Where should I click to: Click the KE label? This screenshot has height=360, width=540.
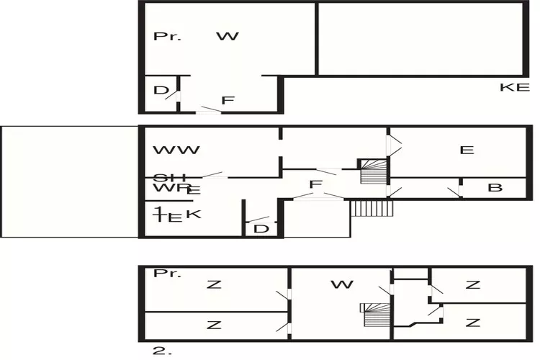(515, 87)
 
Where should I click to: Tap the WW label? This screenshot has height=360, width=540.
(176, 150)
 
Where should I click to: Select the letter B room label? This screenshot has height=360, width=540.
(495, 188)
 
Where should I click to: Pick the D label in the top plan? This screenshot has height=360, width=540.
(161, 91)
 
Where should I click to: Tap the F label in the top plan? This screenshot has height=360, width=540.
(228, 101)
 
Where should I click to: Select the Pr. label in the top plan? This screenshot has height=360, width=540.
(167, 36)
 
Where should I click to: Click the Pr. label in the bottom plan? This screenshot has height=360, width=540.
(167, 274)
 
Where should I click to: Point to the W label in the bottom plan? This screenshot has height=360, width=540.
(342, 284)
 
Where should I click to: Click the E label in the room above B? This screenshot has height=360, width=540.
(467, 150)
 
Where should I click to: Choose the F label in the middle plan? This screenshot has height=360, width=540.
(315, 185)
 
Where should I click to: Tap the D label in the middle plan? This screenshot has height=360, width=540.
(261, 229)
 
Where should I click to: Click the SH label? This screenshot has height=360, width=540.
(170, 178)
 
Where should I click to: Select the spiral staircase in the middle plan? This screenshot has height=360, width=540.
(373, 171)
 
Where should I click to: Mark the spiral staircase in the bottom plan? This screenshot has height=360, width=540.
(374, 316)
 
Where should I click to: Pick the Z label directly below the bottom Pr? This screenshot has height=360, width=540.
(214, 284)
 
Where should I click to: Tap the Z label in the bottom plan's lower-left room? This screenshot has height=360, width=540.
(214, 325)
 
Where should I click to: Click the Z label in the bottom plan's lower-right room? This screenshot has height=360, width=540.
(472, 322)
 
